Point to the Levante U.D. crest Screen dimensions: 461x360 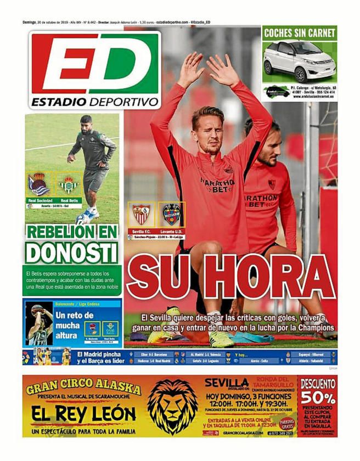tap(172, 214)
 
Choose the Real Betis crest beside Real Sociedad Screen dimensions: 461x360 tap(69, 185)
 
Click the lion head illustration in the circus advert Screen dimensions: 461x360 tap(172, 406)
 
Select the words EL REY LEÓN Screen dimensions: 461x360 tap(76, 413)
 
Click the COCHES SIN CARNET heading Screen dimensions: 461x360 tap(300, 32)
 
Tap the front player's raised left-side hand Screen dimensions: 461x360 tap(189, 69)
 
